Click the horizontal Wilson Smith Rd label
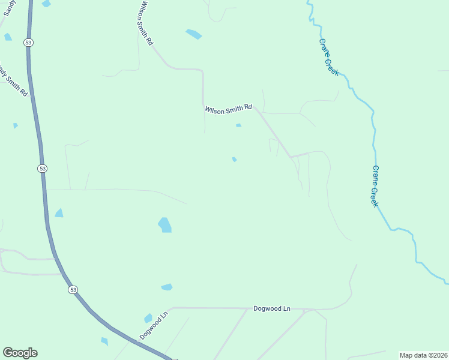point(228,109)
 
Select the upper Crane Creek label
point(329,58)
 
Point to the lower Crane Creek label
point(375,186)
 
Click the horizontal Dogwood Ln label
point(271,308)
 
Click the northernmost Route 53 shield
point(28,42)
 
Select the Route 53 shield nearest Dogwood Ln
point(73,290)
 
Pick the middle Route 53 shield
point(42,169)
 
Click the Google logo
point(20,353)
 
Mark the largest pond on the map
point(164,225)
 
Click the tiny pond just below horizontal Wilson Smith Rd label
point(238,125)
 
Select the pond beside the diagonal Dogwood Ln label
point(148,318)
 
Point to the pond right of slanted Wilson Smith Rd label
point(193,34)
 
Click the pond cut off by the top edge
point(46,4)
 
